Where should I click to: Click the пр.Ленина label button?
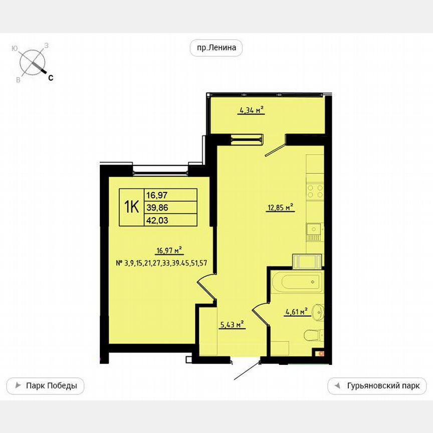click(216, 48)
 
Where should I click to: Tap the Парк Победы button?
click(45, 386)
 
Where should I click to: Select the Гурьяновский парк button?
click(377, 386)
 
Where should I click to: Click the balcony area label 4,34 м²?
click(251, 111)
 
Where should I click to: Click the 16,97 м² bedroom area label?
click(168, 251)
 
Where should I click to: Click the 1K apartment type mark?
click(131, 207)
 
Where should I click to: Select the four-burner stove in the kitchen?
click(314, 191)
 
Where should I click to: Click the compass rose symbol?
click(32, 62)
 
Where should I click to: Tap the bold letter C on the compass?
click(51, 78)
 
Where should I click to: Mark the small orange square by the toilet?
click(321, 353)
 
